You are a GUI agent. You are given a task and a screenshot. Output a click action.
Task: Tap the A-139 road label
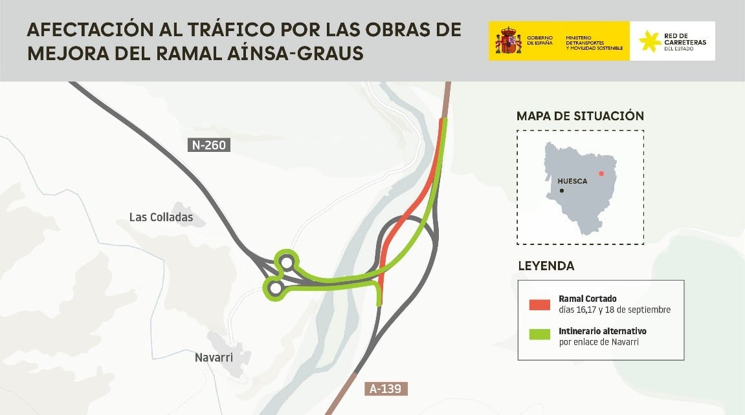387,389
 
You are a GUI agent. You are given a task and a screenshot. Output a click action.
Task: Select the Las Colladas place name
161,217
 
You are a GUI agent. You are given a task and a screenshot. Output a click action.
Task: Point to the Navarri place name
214,357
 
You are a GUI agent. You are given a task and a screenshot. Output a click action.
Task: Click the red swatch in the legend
539,304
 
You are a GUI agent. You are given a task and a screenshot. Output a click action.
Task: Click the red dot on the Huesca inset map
601,173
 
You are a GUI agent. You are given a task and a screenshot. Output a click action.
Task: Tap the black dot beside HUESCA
561,191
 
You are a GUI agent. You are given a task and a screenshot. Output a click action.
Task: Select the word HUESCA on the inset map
572,181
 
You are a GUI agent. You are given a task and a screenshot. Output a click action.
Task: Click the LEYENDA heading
546,266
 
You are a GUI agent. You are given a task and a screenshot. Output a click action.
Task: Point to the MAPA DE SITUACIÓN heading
580,116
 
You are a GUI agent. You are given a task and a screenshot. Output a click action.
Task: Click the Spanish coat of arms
508,41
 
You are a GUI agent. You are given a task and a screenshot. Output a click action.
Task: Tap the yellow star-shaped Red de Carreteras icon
650,41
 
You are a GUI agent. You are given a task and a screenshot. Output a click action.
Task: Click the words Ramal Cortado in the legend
587,299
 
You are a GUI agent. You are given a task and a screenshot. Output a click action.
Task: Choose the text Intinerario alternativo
602,331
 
